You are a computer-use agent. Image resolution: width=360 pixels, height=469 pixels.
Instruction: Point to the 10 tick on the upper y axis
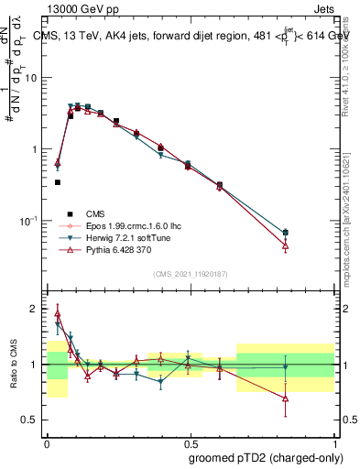pyautogui.click(x=31, y=78)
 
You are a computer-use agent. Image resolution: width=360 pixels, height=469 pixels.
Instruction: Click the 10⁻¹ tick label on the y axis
pyautogui.click(x=29, y=221)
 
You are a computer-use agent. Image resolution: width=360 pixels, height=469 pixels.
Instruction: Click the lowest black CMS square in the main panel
pyautogui.click(x=58, y=182)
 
